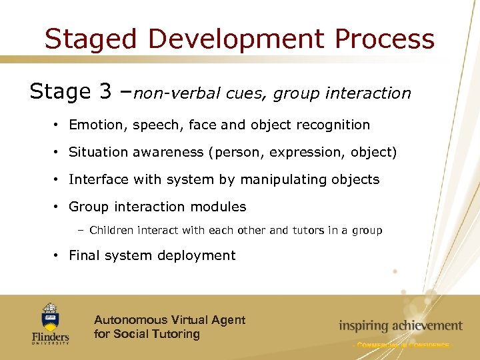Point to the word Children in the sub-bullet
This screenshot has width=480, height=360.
(x=110, y=231)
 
